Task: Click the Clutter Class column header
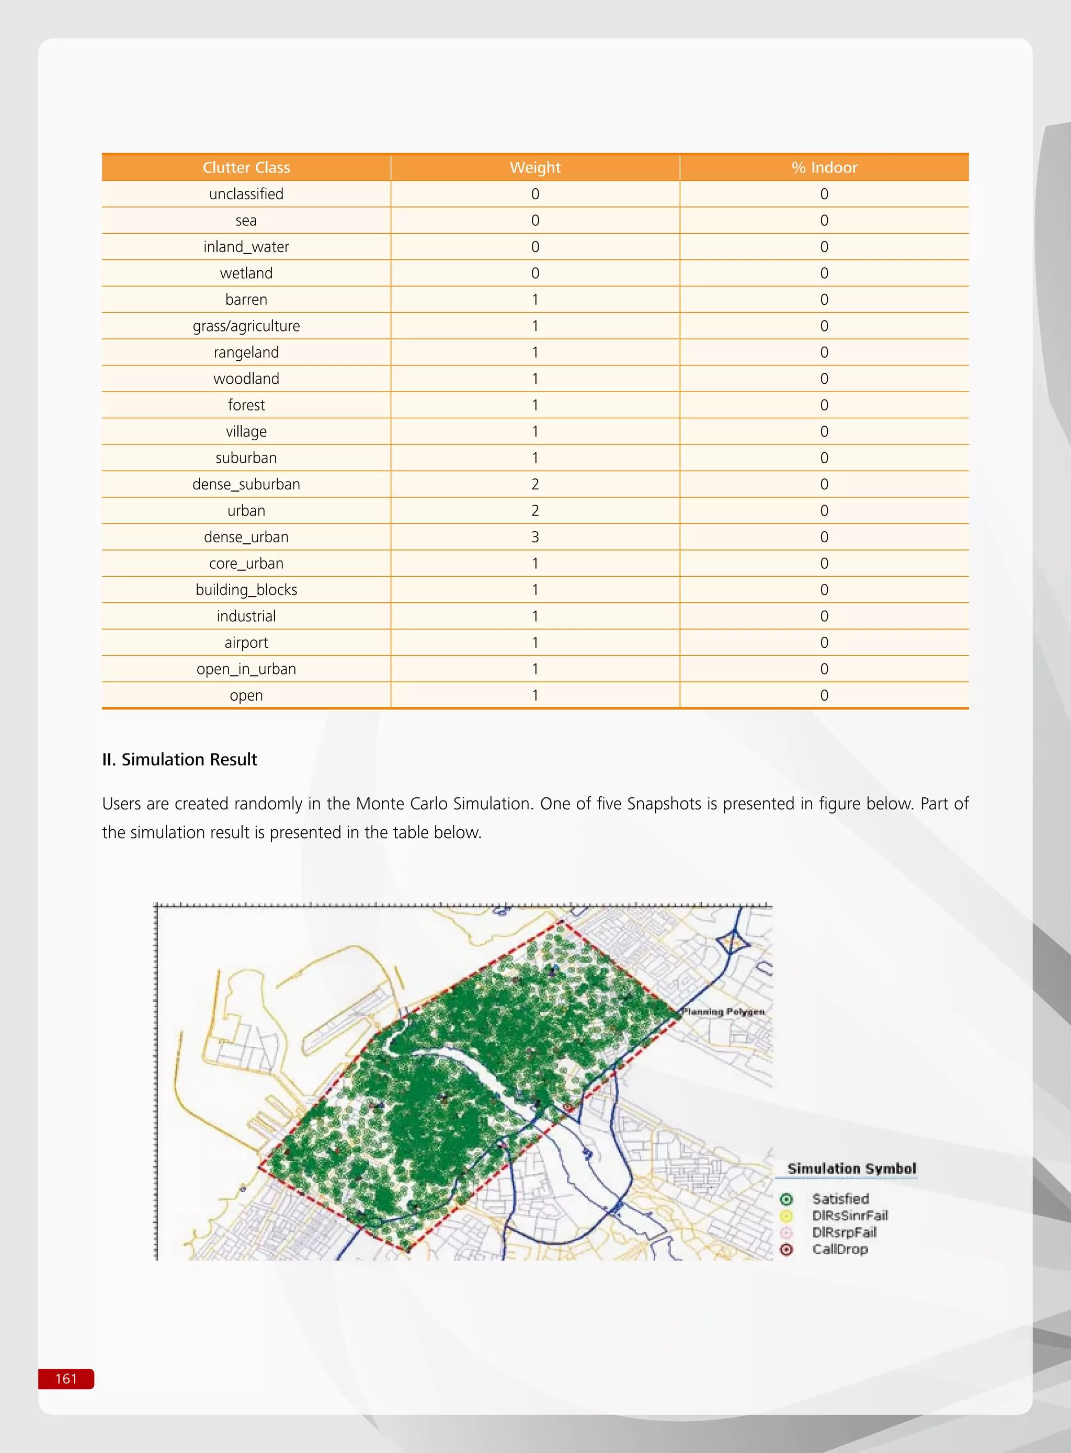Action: (246, 168)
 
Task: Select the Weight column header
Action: (535, 168)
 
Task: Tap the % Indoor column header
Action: (824, 168)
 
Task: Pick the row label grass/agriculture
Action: (246, 326)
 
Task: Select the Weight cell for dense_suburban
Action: (535, 484)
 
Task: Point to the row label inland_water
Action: (246, 247)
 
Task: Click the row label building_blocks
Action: (246, 590)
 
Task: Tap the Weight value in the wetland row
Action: (535, 273)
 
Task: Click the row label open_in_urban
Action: (246, 669)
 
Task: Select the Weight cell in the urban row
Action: (535, 511)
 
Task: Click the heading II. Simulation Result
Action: (179, 760)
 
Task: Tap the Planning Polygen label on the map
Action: (723, 1012)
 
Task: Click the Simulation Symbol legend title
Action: (851, 1169)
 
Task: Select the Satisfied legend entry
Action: (840, 1199)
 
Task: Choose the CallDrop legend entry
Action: (839, 1250)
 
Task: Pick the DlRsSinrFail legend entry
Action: (849, 1216)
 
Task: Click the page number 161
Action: (66, 1378)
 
